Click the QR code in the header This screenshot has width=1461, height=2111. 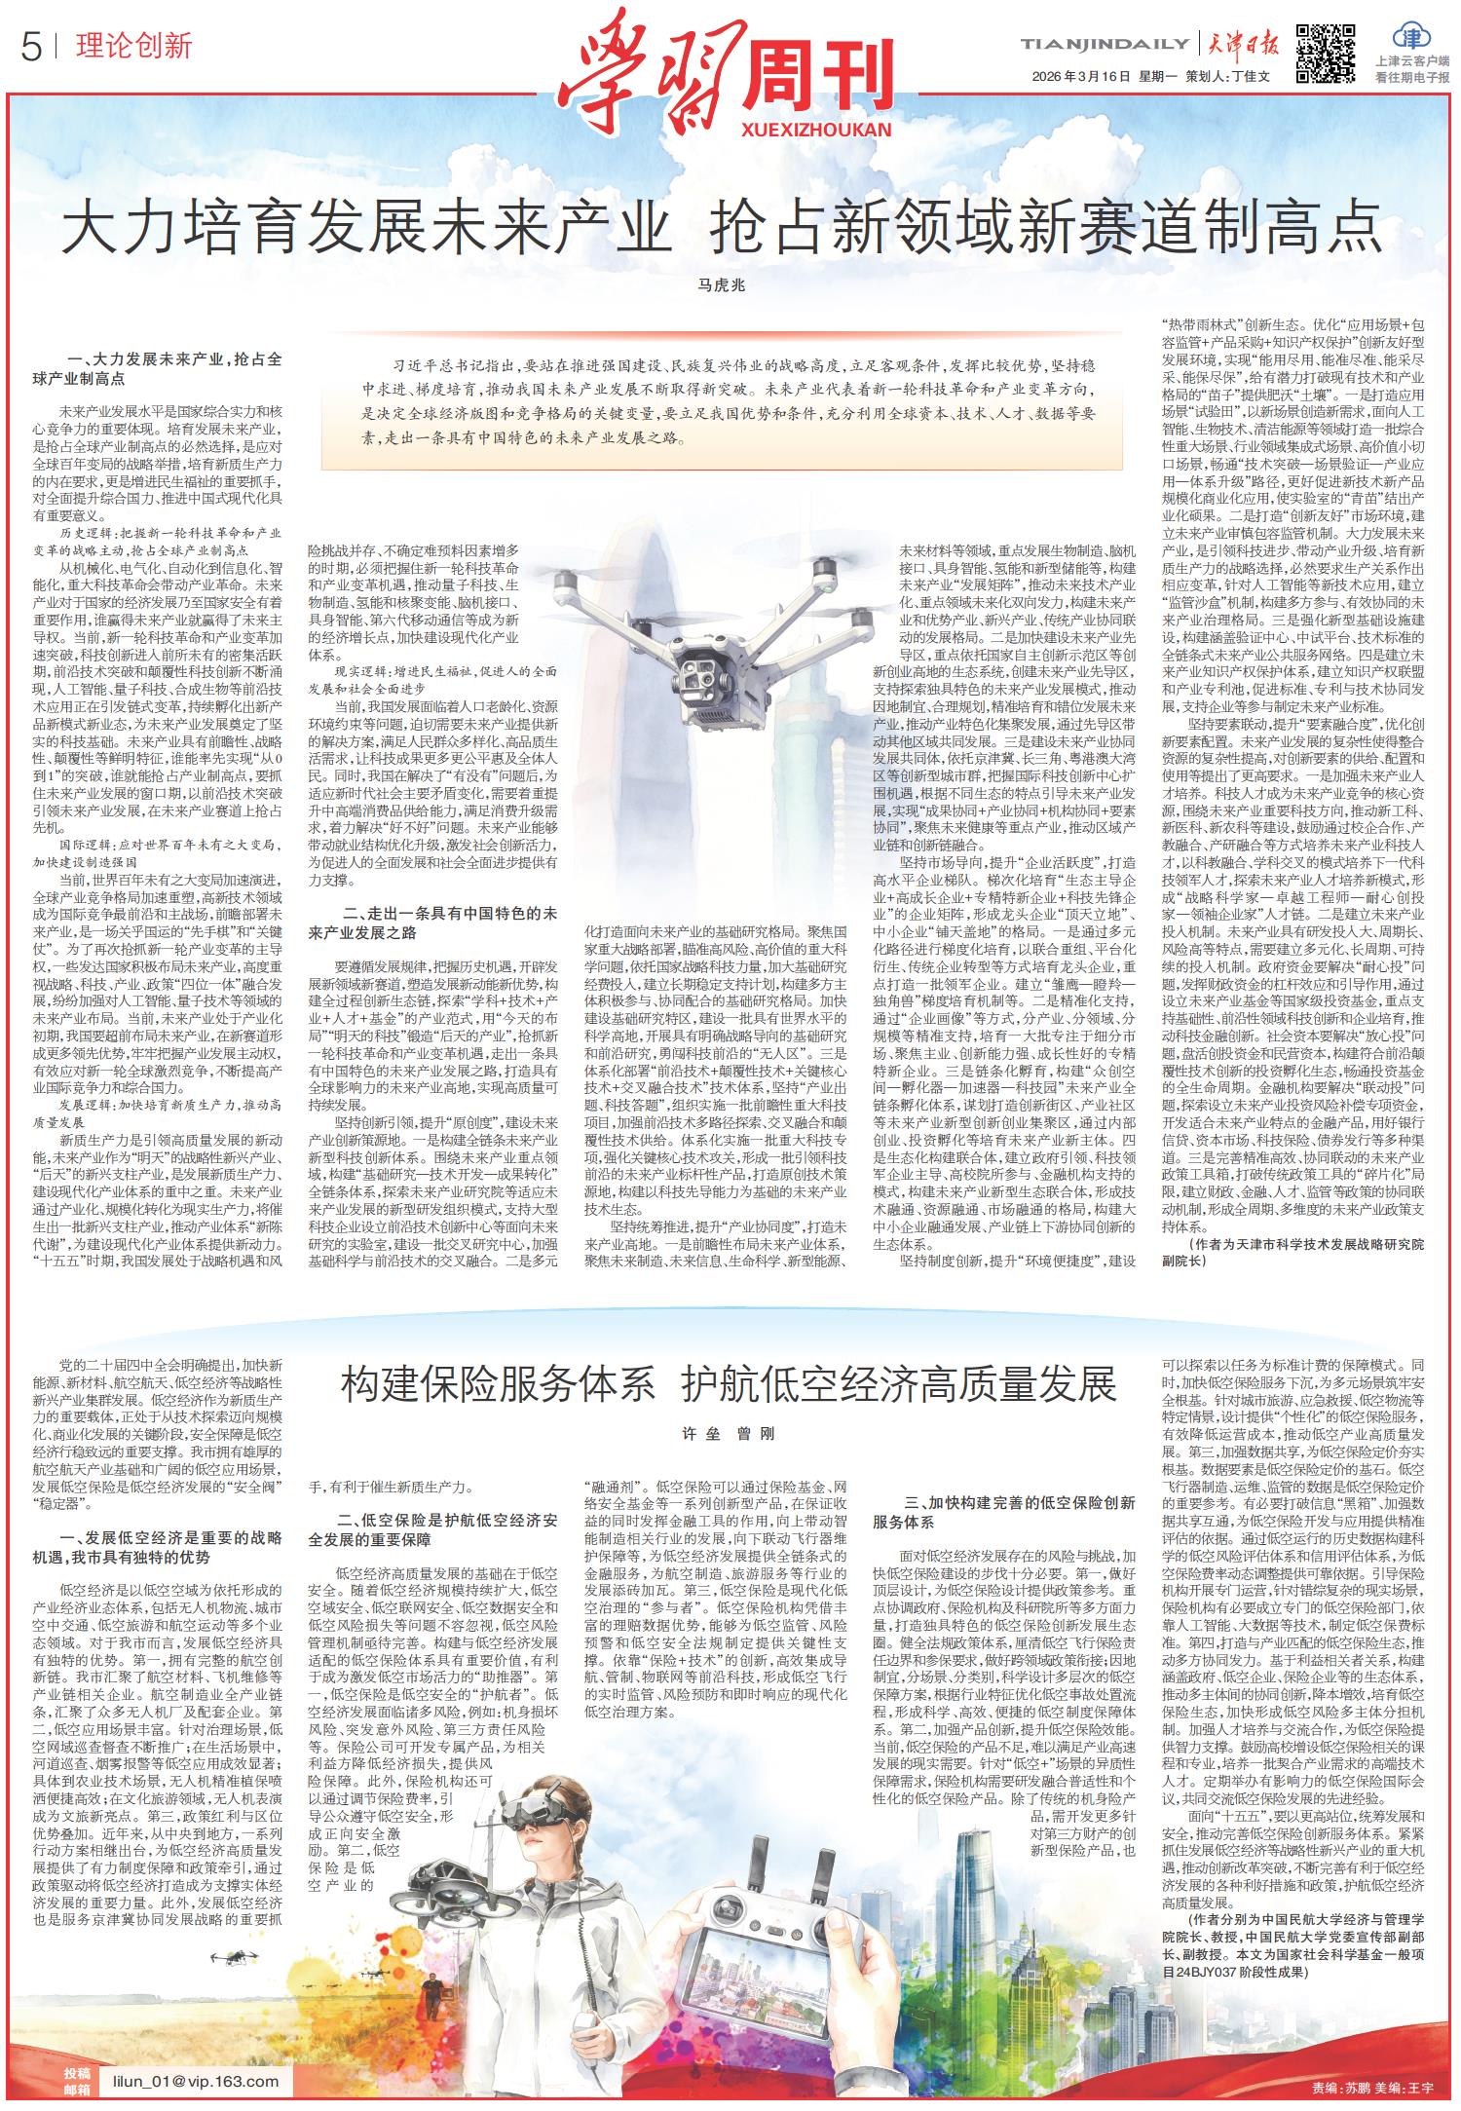click(1327, 53)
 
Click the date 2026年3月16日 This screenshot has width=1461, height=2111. click(1081, 76)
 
